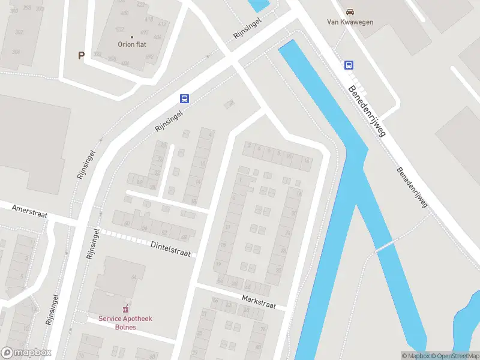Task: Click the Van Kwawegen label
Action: (350, 22)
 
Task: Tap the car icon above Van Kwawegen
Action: (350, 11)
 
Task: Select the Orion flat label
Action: (132, 44)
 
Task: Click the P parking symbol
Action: (81, 55)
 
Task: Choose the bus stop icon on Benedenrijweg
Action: (349, 65)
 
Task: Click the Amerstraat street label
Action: (29, 211)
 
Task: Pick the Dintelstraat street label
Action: (170, 248)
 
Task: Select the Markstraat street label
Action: (259, 301)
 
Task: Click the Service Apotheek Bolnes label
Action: (126, 323)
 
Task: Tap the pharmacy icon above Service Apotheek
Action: (126, 309)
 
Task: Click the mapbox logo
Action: (26, 353)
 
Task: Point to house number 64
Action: (134, 276)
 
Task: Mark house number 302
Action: (19, 32)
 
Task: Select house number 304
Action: (16, 52)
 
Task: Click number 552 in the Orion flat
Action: (120, 29)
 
